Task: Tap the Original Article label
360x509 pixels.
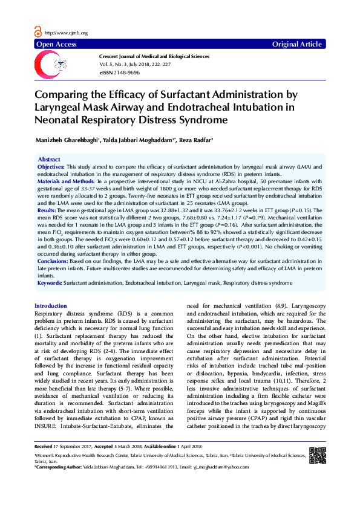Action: [297, 45]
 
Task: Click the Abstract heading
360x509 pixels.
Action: [49, 159]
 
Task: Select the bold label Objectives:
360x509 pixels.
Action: [51, 166]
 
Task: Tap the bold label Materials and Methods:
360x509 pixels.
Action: [65, 181]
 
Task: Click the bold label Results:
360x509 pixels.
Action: [48, 209]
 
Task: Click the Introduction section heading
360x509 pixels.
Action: [51, 306]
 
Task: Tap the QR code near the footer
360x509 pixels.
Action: [316, 455]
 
